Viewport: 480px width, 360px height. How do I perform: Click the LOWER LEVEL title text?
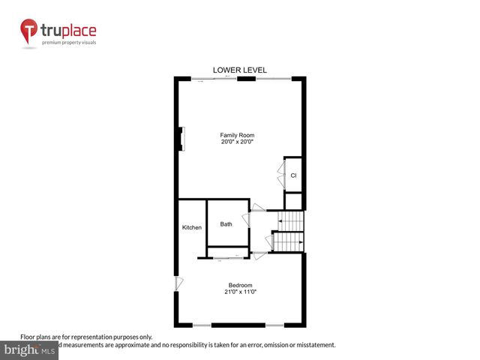tap(240, 70)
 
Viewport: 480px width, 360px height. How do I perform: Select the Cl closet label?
tap(294, 175)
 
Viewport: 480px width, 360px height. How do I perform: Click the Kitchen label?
tap(192, 227)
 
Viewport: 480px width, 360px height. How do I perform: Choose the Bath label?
tap(226, 224)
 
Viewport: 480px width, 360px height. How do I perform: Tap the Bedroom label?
tap(240, 285)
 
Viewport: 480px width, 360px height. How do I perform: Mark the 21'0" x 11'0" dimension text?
tap(240, 292)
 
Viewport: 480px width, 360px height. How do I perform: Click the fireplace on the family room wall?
tap(181, 139)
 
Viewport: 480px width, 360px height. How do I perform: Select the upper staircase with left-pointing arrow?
tap(291, 220)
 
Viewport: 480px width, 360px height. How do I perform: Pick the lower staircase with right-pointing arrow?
tap(288, 242)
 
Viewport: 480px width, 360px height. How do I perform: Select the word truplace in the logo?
tap(70, 31)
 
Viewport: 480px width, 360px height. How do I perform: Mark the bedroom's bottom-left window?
tap(202, 325)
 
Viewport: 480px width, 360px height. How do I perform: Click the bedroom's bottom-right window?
tap(274, 325)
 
